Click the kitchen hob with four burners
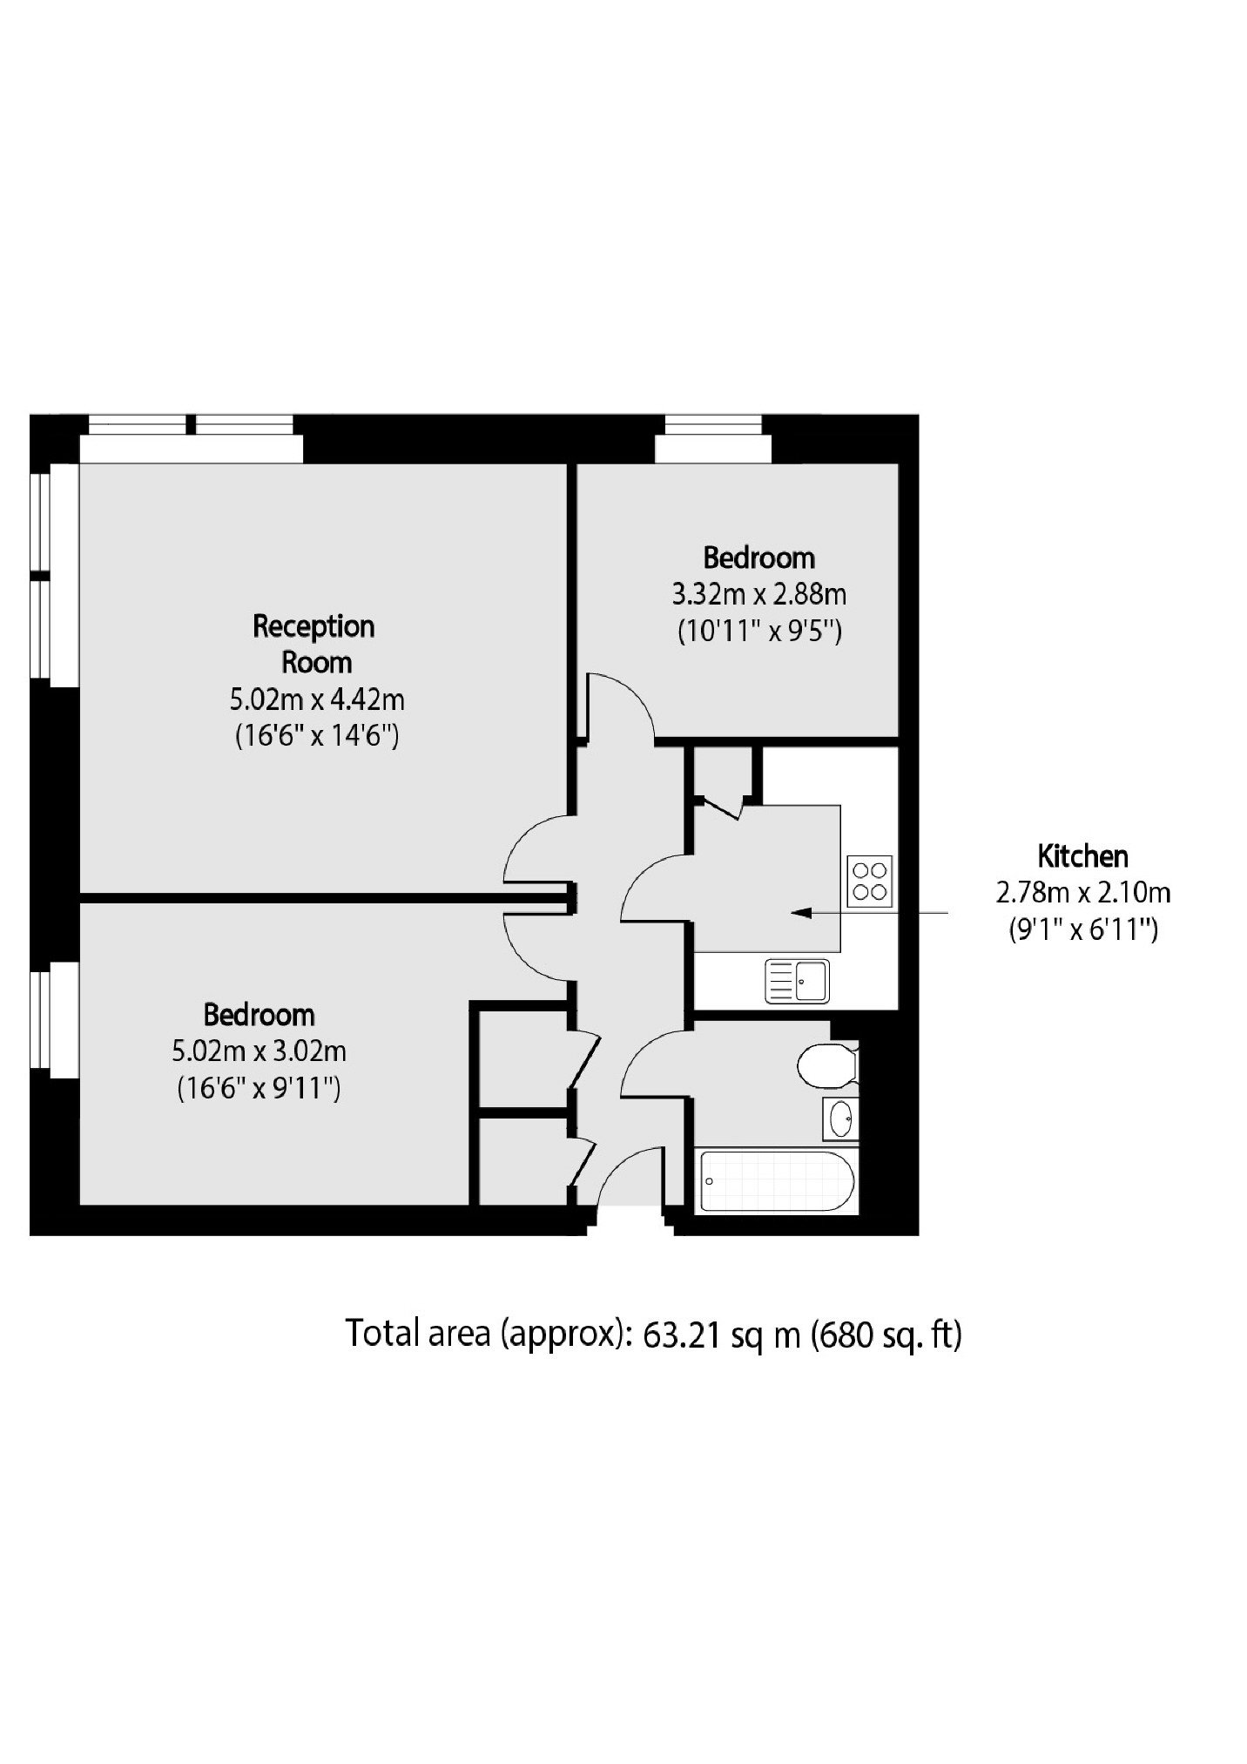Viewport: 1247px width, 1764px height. tap(869, 881)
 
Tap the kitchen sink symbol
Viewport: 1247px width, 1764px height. tap(798, 981)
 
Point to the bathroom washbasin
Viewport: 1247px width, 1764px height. tap(840, 1119)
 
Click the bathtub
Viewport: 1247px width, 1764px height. tap(777, 1181)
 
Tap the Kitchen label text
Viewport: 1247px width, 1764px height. tap(1082, 856)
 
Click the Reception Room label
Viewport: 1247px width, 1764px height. tap(314, 644)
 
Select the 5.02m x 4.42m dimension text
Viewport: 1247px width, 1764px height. tap(317, 699)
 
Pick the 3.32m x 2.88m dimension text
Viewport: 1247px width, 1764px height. tap(758, 594)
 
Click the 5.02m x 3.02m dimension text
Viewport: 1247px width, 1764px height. tap(259, 1051)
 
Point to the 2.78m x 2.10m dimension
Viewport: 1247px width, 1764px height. tap(1082, 893)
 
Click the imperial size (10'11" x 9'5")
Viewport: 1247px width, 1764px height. tap(759, 631)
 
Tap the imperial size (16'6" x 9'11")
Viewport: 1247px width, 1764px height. tap(259, 1089)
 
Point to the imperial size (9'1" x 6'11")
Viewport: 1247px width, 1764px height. tap(1082, 930)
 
